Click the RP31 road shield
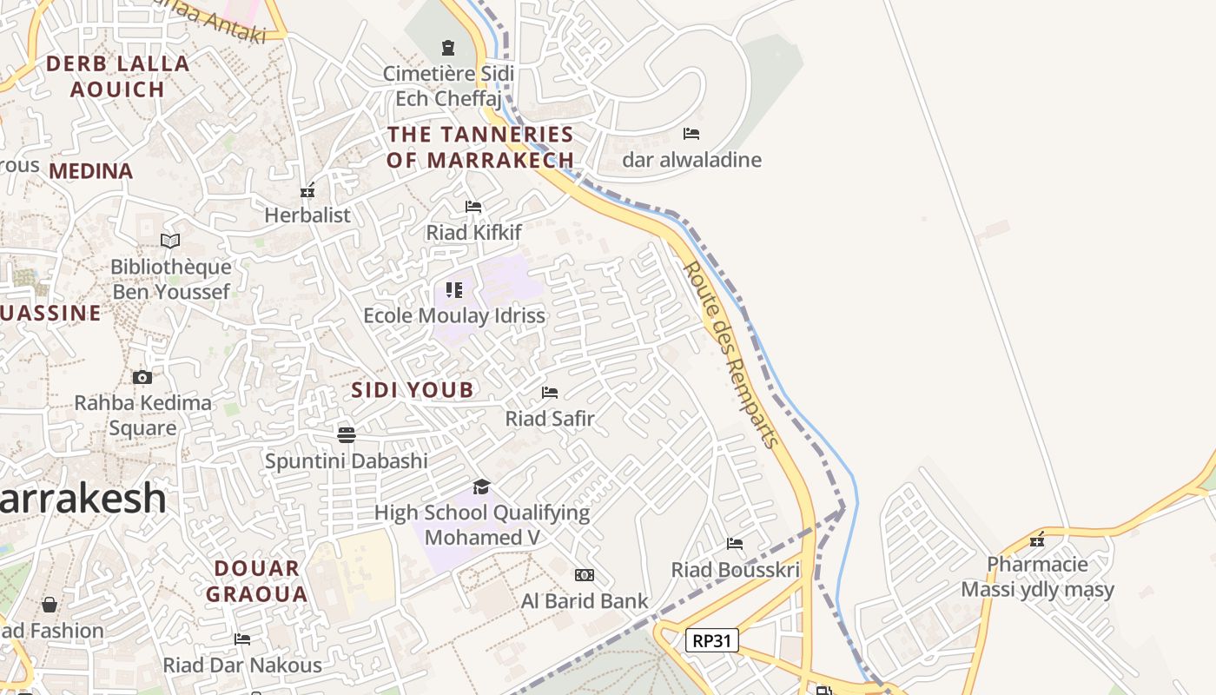[712, 641]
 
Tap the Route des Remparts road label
[730, 354]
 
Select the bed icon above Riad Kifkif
[473, 207]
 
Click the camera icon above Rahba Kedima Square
[142, 377]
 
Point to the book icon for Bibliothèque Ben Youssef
[170, 241]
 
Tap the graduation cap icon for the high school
[481, 486]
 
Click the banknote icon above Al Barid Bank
[585, 575]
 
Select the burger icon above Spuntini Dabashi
[347, 434]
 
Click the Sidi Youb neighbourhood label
[413, 390]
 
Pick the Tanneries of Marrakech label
[480, 147]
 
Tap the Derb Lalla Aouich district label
[117, 76]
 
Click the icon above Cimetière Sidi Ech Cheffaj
[448, 48]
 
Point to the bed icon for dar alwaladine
[691, 134]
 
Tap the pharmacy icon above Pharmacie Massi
[1037, 539]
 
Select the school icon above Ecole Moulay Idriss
[454, 289]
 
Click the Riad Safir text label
[550, 419]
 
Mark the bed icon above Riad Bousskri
[735, 544]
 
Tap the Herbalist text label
[307, 215]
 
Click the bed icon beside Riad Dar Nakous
[242, 639]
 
